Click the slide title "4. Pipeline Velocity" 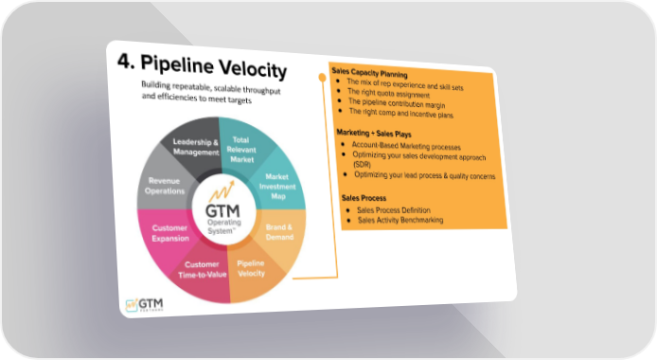[x=202, y=66]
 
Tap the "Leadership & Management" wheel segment [x=193, y=148]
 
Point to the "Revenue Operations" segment [x=165, y=185]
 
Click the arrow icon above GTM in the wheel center [x=222, y=192]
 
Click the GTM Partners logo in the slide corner [x=144, y=305]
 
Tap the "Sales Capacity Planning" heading [x=369, y=73]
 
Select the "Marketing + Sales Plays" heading [x=374, y=134]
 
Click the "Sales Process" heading [x=364, y=198]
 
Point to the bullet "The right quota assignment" [x=388, y=93]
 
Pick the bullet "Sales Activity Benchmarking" [x=400, y=220]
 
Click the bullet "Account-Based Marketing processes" [x=406, y=146]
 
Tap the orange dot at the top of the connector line [x=322, y=78]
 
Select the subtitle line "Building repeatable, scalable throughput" [x=211, y=87]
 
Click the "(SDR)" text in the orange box [x=362, y=164]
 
